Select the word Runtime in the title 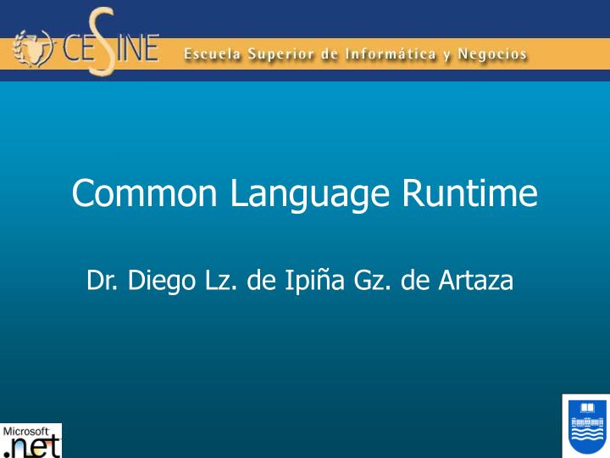tap(469, 193)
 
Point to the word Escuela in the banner tap(213, 54)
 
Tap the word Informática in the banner tap(385, 54)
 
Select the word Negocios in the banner tap(492, 55)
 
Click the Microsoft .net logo tap(31, 440)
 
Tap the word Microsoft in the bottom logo tap(27, 430)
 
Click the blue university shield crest tap(585, 426)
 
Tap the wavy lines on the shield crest tap(585, 440)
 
